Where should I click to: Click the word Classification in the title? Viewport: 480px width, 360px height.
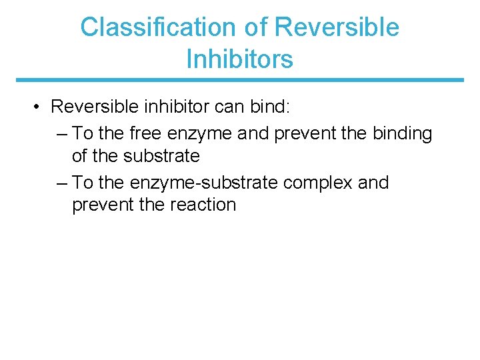pos(157,27)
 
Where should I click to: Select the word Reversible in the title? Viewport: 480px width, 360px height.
pos(337,27)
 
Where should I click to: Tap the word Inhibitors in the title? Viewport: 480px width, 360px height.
pos(239,59)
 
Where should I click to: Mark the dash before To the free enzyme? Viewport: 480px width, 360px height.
pos(63,133)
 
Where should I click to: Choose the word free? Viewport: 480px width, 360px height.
pos(146,133)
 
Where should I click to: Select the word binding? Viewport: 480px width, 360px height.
pos(400,133)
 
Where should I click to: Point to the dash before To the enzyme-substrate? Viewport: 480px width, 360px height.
pos(63,183)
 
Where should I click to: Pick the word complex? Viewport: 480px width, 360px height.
pos(319,183)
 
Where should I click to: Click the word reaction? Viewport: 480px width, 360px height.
pos(203,205)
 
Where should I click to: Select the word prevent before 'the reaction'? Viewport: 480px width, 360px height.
pos(103,205)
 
